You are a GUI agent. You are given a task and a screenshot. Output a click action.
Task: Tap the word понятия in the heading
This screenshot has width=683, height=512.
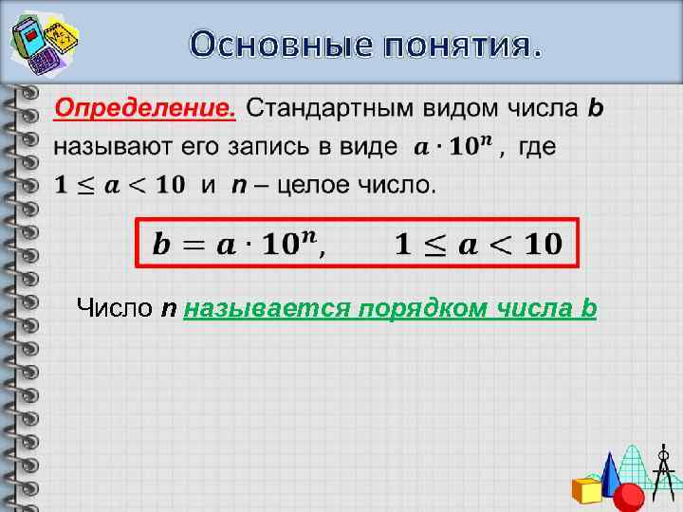pyautogui.click(x=454, y=44)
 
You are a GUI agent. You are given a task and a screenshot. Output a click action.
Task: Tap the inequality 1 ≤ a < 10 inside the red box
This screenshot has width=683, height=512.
pyautogui.click(x=477, y=245)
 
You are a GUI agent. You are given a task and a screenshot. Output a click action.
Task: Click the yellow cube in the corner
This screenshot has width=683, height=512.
pyautogui.click(x=587, y=489)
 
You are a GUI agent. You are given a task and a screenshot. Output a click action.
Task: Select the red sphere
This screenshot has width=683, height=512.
pyautogui.click(x=629, y=496)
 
